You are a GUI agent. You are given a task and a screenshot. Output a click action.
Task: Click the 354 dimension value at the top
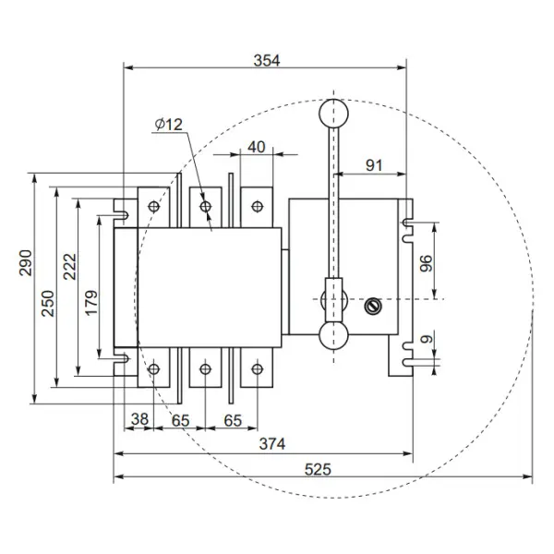pyautogui.click(x=266, y=60)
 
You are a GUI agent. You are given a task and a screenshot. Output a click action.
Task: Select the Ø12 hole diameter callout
pyautogui.click(x=171, y=125)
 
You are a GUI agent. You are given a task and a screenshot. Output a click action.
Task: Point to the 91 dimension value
pyautogui.click(x=374, y=165)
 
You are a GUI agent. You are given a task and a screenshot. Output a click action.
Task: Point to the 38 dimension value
pyautogui.click(x=139, y=418)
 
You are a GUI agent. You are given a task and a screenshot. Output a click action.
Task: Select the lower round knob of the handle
pyautogui.click(x=333, y=337)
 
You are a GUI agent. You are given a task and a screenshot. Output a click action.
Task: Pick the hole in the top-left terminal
pyautogui.click(x=153, y=205)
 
